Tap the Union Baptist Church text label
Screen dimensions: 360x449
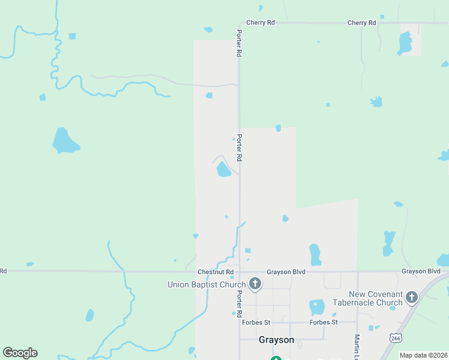pyautogui.click(x=206, y=284)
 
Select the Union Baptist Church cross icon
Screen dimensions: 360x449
pyautogui.click(x=255, y=284)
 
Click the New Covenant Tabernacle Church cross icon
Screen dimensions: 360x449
pyautogui.click(x=412, y=297)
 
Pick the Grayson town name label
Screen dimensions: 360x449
pyautogui.click(x=276, y=340)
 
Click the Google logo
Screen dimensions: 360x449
pyautogui.click(x=20, y=353)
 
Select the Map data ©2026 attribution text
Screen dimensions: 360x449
pyautogui.click(x=423, y=355)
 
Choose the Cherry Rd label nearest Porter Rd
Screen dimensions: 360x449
pyautogui.click(x=261, y=23)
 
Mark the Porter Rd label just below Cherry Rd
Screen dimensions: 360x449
pyautogui.click(x=239, y=43)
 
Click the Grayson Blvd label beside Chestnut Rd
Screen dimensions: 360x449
pyautogui.click(x=286, y=272)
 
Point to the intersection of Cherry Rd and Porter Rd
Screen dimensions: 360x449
pyautogui.click(x=240, y=23)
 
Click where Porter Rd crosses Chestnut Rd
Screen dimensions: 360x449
pyautogui.click(x=240, y=271)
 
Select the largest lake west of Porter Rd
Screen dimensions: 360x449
pyautogui.click(x=65, y=141)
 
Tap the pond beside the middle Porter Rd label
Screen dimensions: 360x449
pyautogui.click(x=223, y=169)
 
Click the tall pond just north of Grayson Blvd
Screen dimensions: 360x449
pyautogui.click(x=315, y=254)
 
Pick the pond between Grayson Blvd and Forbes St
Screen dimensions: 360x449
pyautogui.click(x=316, y=308)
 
